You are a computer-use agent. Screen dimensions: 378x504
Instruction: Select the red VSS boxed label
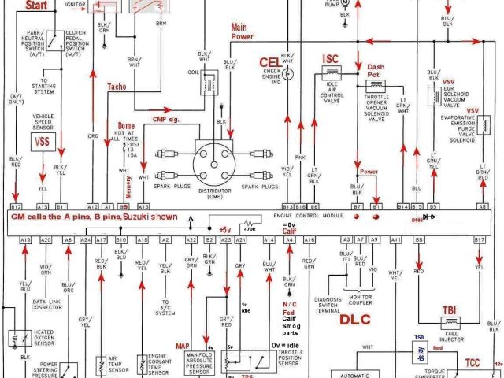point(42,142)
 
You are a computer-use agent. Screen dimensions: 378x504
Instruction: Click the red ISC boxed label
point(329,59)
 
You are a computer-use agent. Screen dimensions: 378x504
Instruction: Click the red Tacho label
point(117,87)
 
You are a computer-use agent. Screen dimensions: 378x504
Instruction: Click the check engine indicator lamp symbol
point(287,75)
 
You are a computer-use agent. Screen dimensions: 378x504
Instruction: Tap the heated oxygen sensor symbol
point(17,339)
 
